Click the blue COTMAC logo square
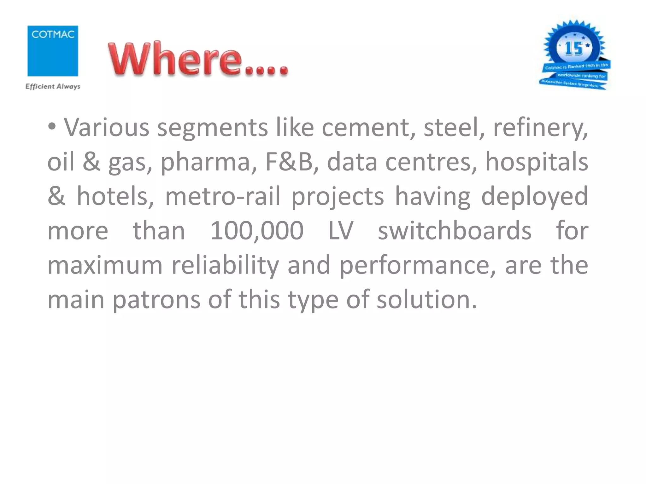[53, 51]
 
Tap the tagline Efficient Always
[53, 86]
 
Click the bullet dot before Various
[52, 127]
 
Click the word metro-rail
[223, 196]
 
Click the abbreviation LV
[341, 230]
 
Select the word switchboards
[454, 230]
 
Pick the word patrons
[156, 300]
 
